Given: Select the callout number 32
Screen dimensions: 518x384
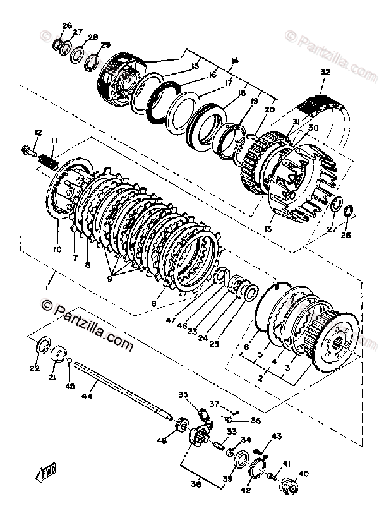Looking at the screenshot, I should click(325, 73).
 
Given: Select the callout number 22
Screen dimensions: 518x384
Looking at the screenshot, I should click(35, 368).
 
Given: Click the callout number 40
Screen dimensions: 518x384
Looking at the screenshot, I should click(303, 473).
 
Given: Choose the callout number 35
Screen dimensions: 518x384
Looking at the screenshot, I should click(183, 395).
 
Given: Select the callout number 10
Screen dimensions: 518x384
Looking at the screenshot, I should click(57, 250).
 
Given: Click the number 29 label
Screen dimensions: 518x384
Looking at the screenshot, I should click(105, 45).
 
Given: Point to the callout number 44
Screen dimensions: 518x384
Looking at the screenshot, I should click(87, 396).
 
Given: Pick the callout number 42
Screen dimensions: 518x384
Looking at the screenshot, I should click(244, 490).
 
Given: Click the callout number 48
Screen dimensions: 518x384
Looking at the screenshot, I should click(162, 440).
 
